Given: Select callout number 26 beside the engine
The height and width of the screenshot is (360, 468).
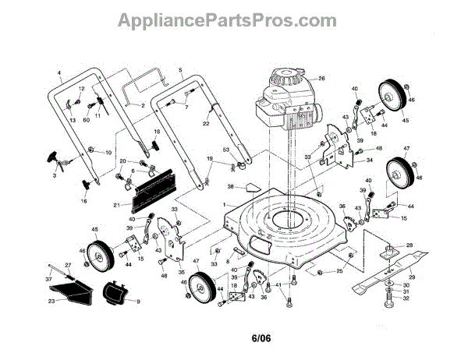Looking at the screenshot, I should click(321, 78).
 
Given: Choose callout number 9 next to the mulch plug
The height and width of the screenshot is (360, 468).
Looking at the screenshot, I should click(137, 301).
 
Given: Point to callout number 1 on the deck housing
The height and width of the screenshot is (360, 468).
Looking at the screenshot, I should click(225, 204).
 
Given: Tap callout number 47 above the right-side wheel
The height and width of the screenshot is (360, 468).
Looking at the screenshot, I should click(406, 148).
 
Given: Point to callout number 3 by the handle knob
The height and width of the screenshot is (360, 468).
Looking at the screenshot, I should click(55, 177).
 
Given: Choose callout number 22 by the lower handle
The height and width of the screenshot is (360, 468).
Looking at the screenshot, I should click(206, 124).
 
